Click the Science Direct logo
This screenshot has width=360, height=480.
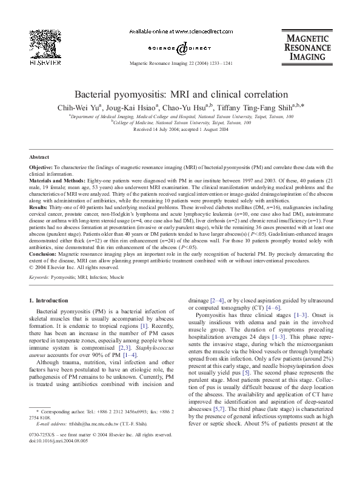click(180, 47)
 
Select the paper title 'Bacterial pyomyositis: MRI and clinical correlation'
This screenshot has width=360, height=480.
click(180, 95)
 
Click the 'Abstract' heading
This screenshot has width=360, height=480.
click(39, 156)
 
